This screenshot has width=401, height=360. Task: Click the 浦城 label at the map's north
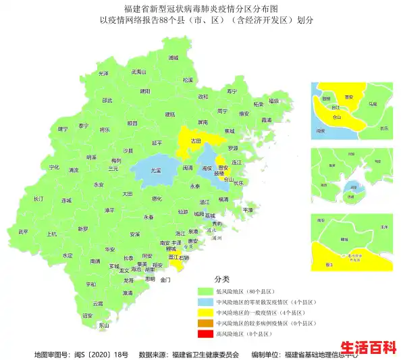pyautogui.click(x=173, y=58)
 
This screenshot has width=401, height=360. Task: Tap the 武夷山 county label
pyautogui.click(x=138, y=72)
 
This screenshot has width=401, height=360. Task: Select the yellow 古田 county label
pyautogui.click(x=196, y=142)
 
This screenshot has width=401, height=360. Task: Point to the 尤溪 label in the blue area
pyautogui.click(x=156, y=171)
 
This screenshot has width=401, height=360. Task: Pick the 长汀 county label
pyautogui.click(x=38, y=200)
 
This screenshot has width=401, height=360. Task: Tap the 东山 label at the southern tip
pyautogui.click(x=103, y=326)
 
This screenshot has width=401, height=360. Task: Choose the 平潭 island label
pyautogui.click(x=248, y=210)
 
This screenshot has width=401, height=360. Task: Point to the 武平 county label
pyautogui.click(x=24, y=232)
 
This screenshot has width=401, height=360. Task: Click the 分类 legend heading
pyautogui.click(x=222, y=278)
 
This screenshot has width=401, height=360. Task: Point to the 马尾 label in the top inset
pyautogui.click(x=373, y=105)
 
